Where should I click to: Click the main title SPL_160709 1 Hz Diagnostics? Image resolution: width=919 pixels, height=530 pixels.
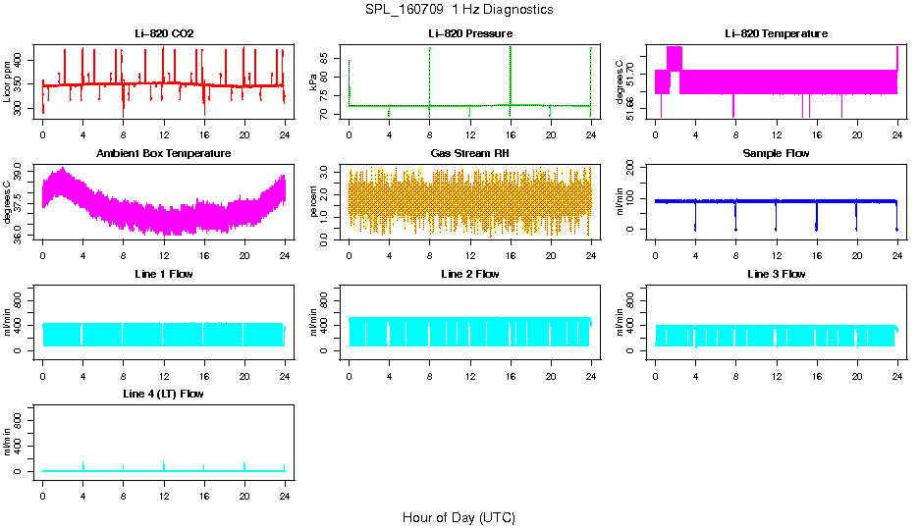point(459,10)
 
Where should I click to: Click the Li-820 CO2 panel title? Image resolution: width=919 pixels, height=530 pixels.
point(164,34)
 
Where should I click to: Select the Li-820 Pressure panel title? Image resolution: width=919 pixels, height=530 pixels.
point(469,34)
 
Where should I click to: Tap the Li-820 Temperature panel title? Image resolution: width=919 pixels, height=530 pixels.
point(776,34)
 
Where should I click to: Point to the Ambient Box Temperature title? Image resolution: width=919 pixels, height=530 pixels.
point(164,154)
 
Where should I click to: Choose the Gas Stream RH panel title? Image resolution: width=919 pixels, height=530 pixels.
point(469,154)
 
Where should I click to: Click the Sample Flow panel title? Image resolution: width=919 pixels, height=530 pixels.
point(776,154)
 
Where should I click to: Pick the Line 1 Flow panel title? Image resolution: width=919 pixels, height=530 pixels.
point(164,274)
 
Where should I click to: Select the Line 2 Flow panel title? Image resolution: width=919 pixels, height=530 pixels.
point(469,274)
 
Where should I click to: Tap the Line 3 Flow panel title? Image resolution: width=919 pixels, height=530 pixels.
point(776,274)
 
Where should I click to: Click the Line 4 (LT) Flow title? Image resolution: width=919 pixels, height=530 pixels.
point(164,394)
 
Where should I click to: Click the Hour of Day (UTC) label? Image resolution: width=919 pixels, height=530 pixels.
point(459,517)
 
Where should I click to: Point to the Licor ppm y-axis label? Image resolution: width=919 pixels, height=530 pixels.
point(9,81)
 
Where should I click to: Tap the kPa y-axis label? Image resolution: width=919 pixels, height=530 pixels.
point(314,81)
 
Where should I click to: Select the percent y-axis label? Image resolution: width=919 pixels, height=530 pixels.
point(314,201)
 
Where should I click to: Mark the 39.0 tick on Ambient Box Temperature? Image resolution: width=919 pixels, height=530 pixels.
point(24,172)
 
